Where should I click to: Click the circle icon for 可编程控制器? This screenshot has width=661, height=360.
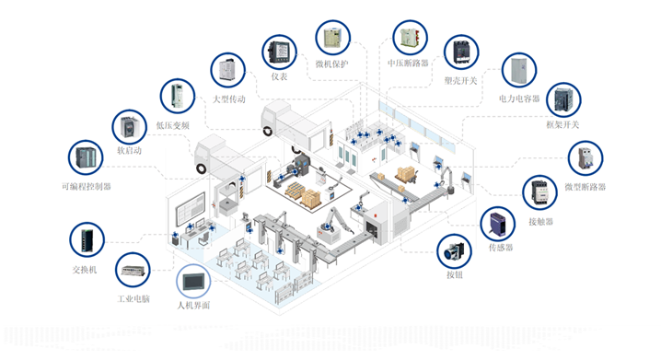[x=86, y=157]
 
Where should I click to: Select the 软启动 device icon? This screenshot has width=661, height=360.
[x=130, y=127]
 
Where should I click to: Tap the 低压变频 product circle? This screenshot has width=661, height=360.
[x=178, y=96]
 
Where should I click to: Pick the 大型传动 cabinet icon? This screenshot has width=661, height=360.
[x=228, y=70]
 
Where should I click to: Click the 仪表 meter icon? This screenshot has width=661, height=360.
[x=280, y=52]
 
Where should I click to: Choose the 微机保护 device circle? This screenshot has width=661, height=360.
[x=333, y=38]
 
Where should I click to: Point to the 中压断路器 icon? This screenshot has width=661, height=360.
[x=411, y=38]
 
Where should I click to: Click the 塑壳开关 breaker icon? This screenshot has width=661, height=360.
[x=461, y=52]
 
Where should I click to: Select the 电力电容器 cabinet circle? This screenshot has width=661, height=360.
[x=519, y=70]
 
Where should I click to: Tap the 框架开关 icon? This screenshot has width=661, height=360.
[x=563, y=100]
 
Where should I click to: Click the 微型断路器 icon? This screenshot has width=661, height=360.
[x=586, y=158]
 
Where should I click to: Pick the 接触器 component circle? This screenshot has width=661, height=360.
[x=540, y=192]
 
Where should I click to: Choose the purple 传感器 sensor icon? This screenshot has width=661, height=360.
[x=498, y=224]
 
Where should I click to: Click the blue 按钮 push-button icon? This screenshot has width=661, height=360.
[x=455, y=251]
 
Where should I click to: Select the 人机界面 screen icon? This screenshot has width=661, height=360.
[x=193, y=281]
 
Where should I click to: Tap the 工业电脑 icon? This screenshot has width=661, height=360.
[x=133, y=270]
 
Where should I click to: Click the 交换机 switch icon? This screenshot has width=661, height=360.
[x=87, y=239]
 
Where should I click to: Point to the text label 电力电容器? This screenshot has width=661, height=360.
[x=519, y=99]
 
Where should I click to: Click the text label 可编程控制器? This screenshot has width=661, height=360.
[x=87, y=186]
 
